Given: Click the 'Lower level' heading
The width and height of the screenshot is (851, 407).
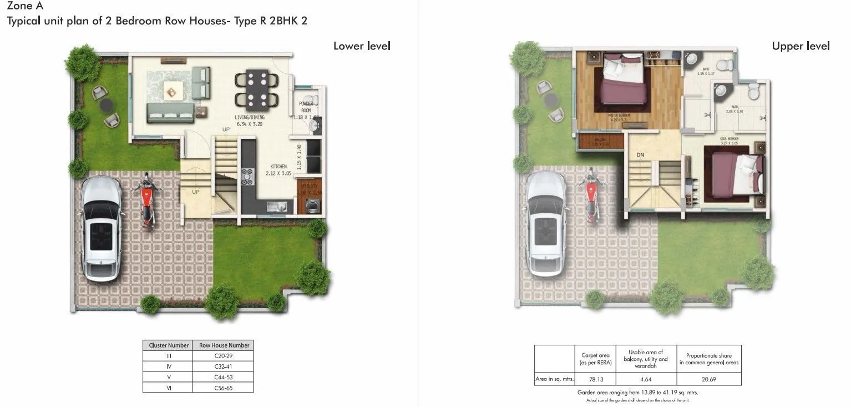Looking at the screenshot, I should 362,46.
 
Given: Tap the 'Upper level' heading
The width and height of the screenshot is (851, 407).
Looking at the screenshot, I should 801,46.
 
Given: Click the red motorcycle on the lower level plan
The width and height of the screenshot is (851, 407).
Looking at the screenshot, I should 146,201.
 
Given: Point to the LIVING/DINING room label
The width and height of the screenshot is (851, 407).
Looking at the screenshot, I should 250,118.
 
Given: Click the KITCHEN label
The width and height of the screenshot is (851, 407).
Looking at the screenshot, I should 278,167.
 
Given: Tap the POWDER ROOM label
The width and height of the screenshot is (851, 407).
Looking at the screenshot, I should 306,107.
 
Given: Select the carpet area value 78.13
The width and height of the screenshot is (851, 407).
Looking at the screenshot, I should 595,379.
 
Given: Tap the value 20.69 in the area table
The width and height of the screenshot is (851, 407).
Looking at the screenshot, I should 708,379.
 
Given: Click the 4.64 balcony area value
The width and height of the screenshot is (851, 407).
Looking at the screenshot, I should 646,379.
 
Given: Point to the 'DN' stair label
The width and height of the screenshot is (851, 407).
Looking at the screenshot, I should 640,155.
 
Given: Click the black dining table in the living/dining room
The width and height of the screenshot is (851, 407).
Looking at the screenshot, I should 257,89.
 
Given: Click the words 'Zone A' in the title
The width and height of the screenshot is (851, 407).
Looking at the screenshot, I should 25,7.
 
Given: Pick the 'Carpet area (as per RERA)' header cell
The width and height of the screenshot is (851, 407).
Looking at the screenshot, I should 595,359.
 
